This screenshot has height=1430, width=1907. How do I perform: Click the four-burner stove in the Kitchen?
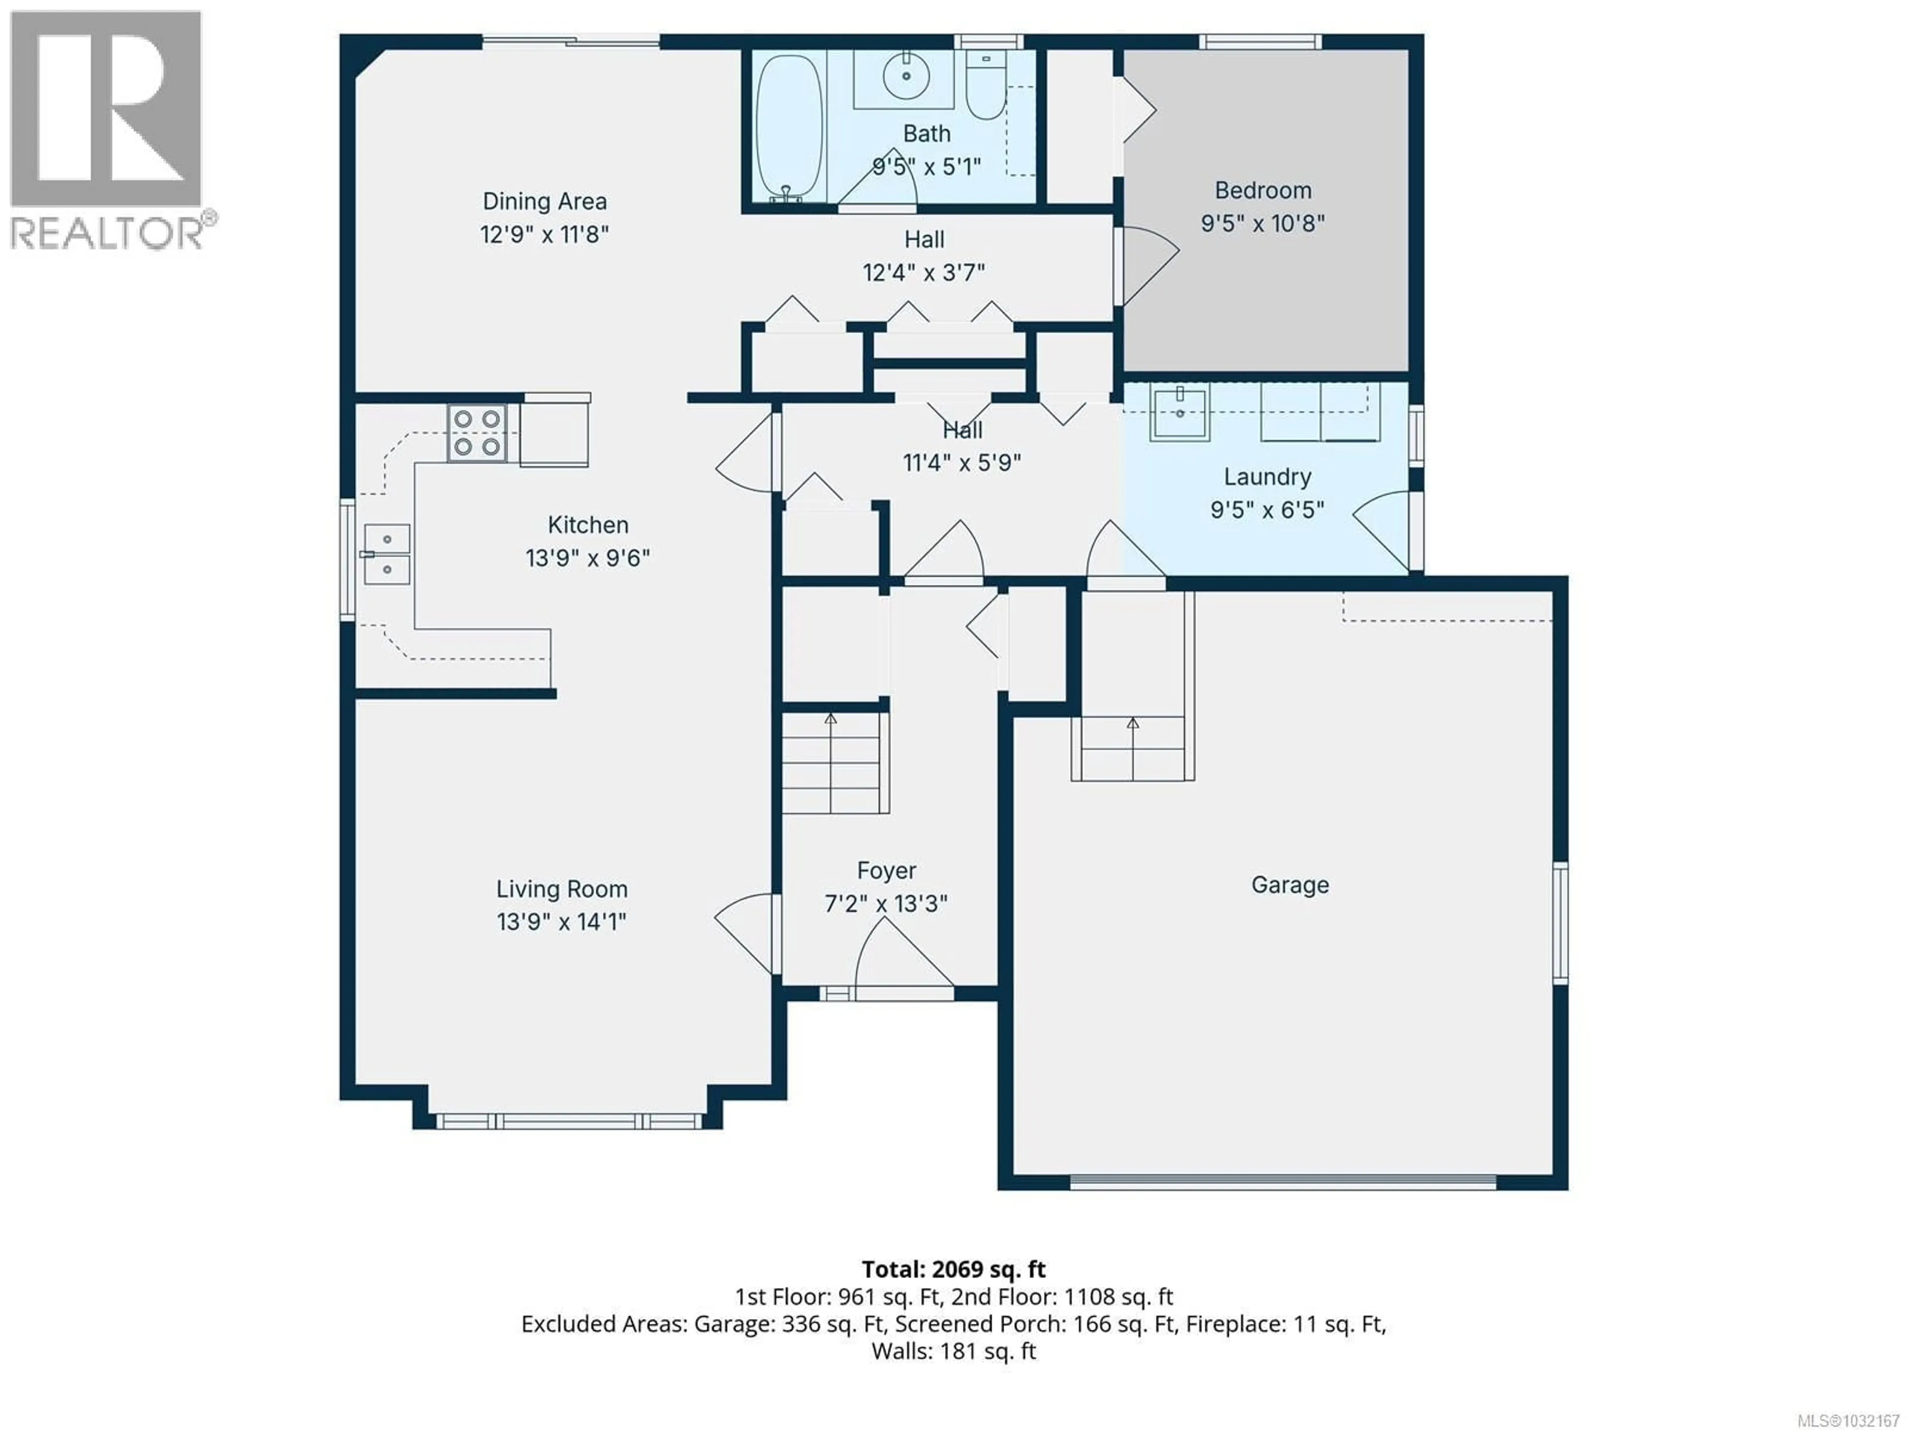(x=477, y=432)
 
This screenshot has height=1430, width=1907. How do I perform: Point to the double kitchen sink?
(x=386, y=554)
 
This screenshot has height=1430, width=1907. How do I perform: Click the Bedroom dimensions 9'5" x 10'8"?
(x=1262, y=223)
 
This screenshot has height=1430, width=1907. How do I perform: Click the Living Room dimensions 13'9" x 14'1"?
(x=561, y=922)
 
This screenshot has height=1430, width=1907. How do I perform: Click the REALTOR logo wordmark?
(x=108, y=231)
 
